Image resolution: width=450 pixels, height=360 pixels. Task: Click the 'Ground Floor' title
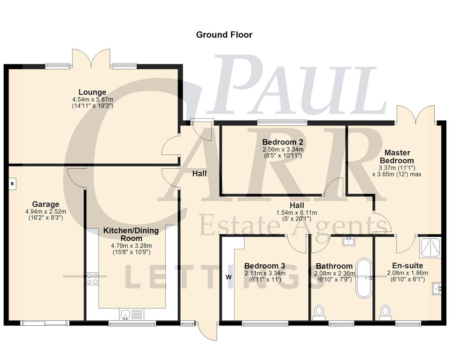pyautogui.click(x=224, y=35)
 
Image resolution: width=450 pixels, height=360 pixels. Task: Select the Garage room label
pyautogui.click(x=45, y=204)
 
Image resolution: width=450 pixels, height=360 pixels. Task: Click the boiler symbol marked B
pyautogui.click(x=12, y=184)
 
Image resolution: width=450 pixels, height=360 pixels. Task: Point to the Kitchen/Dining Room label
pyautogui.click(x=131, y=234)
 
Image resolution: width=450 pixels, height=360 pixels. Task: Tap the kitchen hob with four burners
pyautogui.click(x=92, y=279)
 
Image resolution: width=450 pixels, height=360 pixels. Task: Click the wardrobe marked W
pyautogui.click(x=228, y=277)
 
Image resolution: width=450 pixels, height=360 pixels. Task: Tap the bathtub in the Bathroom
pyautogui.click(x=363, y=278)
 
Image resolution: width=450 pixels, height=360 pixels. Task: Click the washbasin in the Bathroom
pyautogui.click(x=349, y=242)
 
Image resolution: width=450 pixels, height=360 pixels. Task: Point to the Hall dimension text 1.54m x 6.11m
pyautogui.click(x=297, y=213)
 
